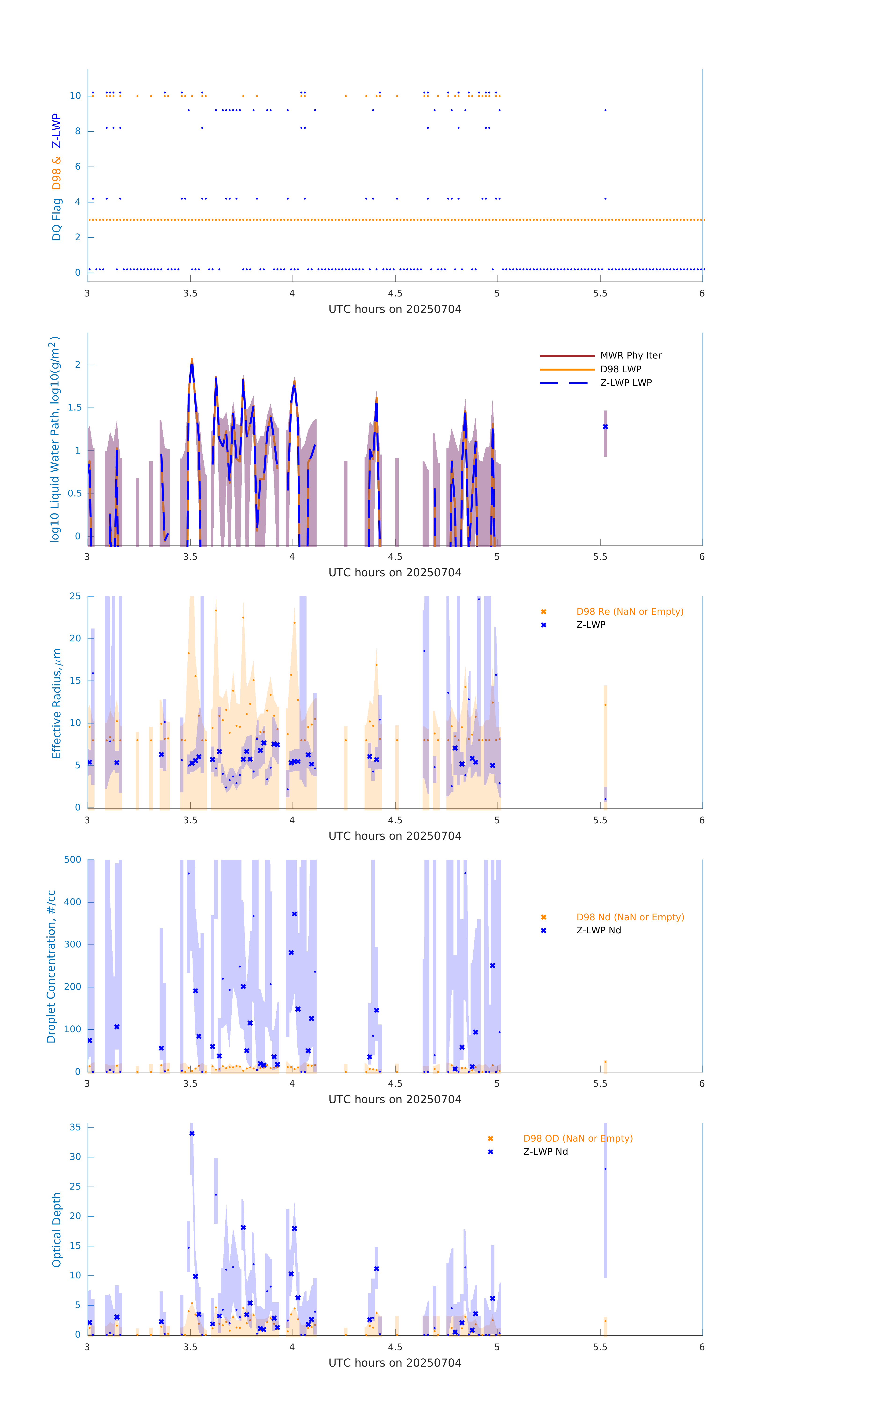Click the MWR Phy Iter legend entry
point(630,355)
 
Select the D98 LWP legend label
point(620,369)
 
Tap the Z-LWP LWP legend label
point(626,383)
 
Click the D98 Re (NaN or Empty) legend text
point(630,611)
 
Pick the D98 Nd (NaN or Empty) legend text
point(630,917)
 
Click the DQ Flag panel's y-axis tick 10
point(75,96)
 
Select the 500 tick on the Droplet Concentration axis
point(73,859)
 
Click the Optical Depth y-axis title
point(57,1229)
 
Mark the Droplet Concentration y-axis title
point(51,966)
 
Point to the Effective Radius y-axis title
point(57,703)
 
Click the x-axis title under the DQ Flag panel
point(395,309)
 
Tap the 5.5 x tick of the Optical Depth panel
point(600,1347)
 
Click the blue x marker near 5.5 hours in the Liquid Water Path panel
point(605,427)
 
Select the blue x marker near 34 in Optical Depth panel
point(192,1133)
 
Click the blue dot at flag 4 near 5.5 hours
point(605,198)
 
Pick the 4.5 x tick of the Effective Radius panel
point(395,820)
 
